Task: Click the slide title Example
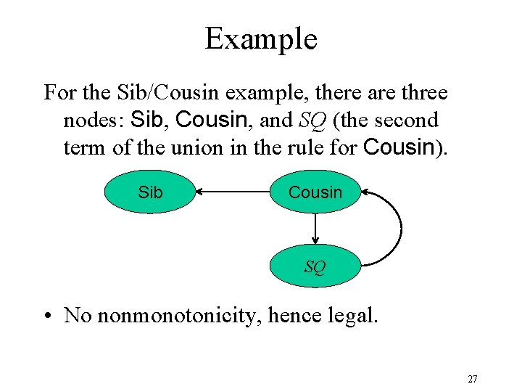(261, 38)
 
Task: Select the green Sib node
(150, 192)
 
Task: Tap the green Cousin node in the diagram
(315, 192)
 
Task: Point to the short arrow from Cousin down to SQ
(315, 229)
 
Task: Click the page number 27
(472, 379)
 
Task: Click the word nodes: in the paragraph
(95, 120)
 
